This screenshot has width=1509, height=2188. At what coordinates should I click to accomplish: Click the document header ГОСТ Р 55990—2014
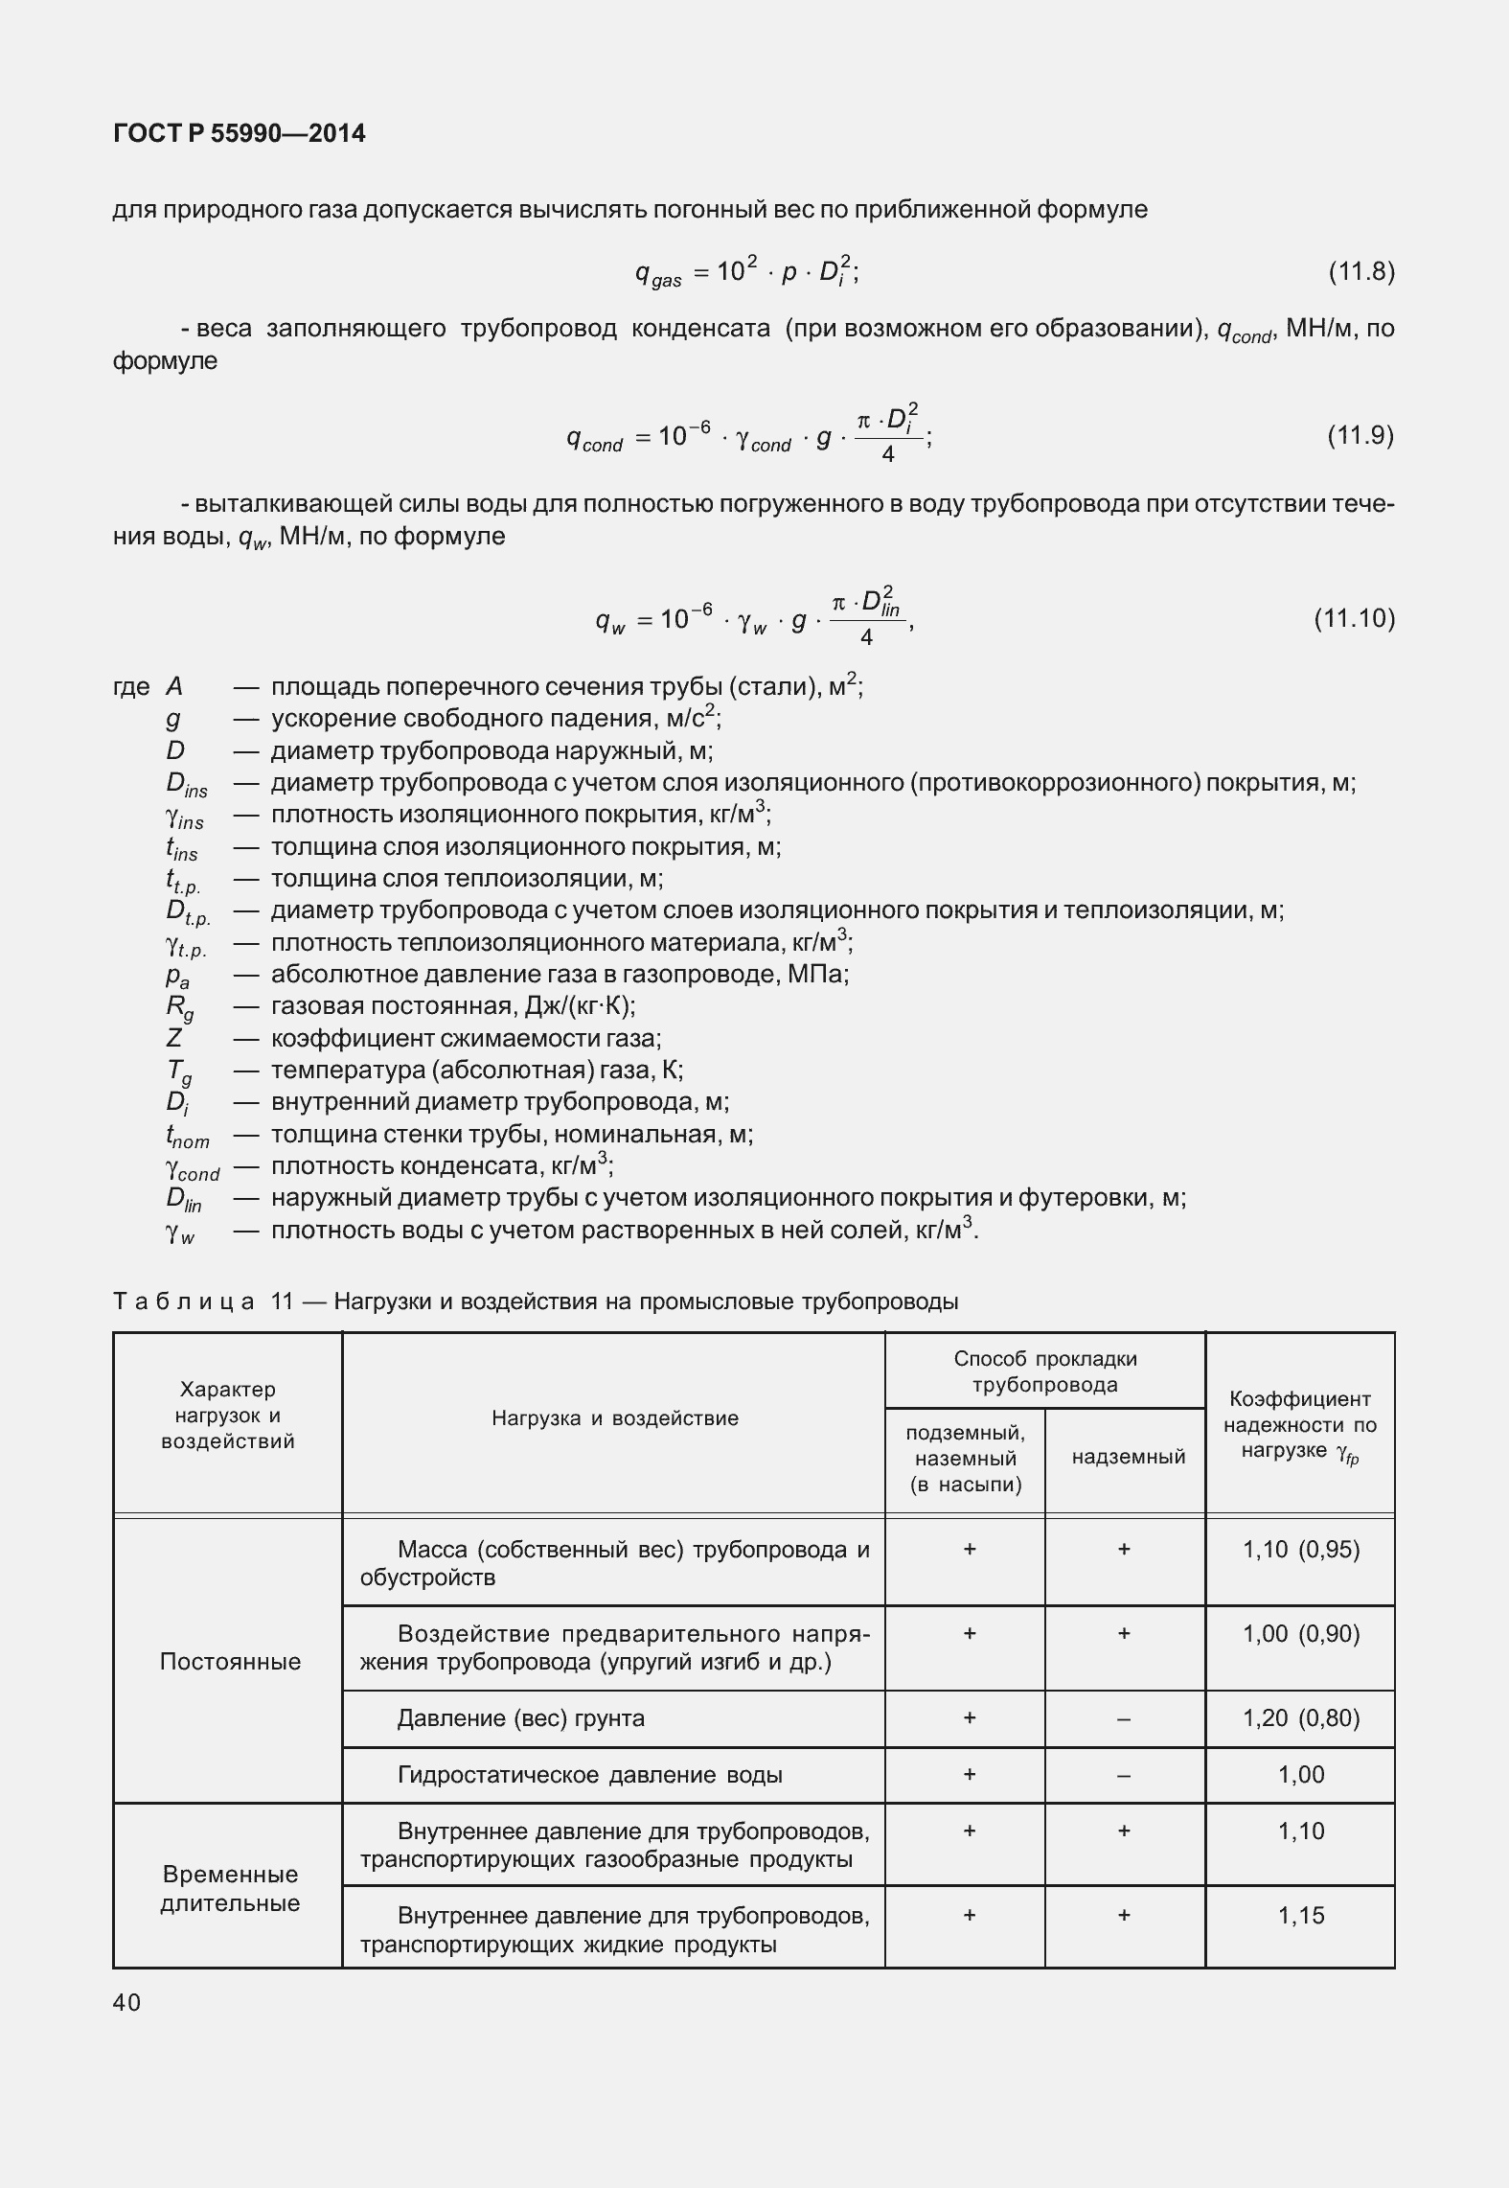(240, 133)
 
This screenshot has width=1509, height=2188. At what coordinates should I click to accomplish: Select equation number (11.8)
(1360, 272)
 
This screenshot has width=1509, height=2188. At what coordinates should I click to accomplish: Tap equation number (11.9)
(1360, 436)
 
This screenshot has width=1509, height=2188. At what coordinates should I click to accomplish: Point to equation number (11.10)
(1354, 618)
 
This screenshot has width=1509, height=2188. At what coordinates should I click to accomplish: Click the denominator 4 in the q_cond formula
(887, 455)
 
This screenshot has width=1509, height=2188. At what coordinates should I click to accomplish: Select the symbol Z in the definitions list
(174, 1038)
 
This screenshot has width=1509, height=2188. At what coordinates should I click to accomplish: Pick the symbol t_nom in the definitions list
(187, 1137)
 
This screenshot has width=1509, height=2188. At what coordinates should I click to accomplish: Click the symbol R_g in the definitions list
(179, 1007)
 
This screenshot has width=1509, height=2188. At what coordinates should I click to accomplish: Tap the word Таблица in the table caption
(184, 1301)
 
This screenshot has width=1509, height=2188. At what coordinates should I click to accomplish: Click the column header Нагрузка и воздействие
(615, 1418)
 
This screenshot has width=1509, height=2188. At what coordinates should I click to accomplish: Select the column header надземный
(1128, 1457)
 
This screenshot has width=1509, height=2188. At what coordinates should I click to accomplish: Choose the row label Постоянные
(230, 1661)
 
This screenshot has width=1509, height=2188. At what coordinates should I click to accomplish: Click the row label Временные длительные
(230, 1888)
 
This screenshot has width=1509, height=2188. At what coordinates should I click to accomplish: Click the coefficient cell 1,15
(1301, 1916)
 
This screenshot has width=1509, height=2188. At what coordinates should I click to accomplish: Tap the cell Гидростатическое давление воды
(589, 1775)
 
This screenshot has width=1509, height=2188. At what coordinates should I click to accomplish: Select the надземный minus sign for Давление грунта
(1124, 1718)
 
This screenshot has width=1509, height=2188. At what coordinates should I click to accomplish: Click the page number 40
(126, 2002)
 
